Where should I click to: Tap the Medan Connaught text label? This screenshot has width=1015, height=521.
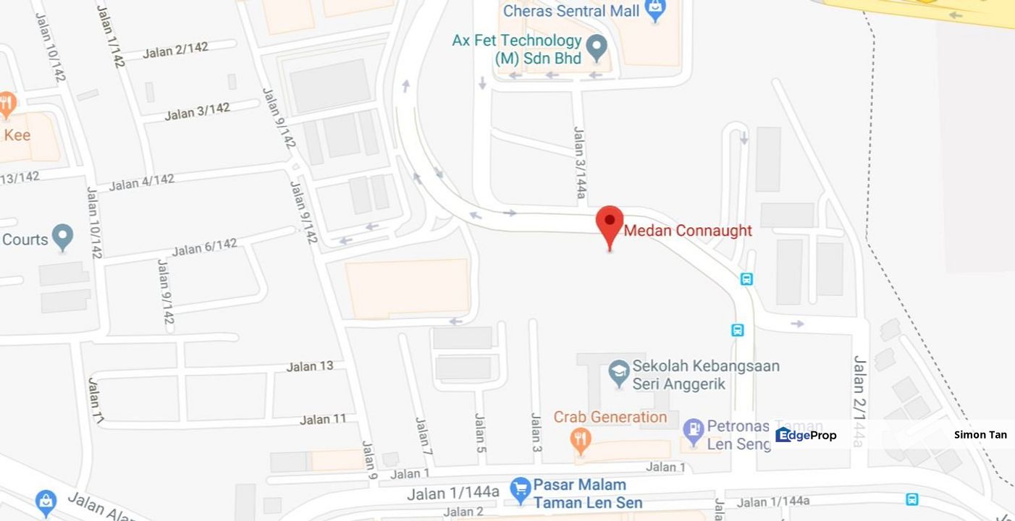click(688, 231)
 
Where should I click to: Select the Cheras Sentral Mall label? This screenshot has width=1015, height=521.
click(571, 11)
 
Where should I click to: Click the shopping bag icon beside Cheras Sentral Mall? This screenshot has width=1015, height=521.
click(656, 9)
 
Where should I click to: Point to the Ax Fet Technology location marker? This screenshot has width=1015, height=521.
click(596, 47)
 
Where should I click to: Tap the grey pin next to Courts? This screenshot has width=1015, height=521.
click(63, 236)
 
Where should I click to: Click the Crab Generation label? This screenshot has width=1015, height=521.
click(610, 417)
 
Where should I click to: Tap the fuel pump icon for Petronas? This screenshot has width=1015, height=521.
click(693, 431)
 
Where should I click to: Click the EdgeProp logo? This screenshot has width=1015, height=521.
click(806, 435)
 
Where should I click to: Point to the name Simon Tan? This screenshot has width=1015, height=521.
click(980, 435)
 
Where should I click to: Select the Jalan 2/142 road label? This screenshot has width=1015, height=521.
click(175, 50)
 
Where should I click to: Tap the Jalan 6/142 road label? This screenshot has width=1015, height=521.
click(204, 247)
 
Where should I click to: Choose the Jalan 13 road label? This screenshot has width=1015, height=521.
click(310, 366)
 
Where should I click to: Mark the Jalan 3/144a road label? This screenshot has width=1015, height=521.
click(580, 163)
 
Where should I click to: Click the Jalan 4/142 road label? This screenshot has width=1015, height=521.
click(142, 182)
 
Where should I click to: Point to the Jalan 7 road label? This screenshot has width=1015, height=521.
click(424, 436)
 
